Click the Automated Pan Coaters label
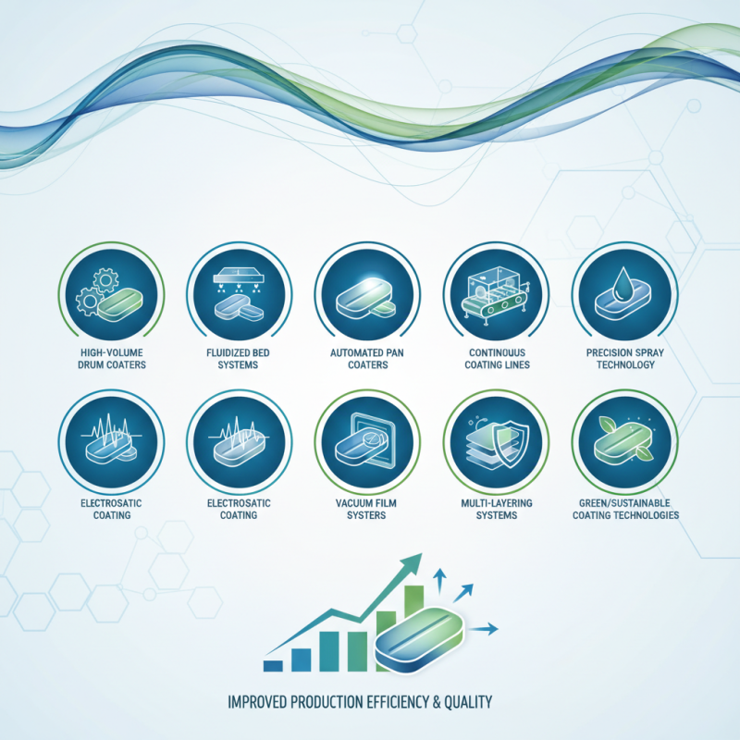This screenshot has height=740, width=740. coord(367,357)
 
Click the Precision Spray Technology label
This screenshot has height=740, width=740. coord(625,357)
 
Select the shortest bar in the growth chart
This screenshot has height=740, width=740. coord(273,664)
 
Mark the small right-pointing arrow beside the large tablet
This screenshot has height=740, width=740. coord(488,629)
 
